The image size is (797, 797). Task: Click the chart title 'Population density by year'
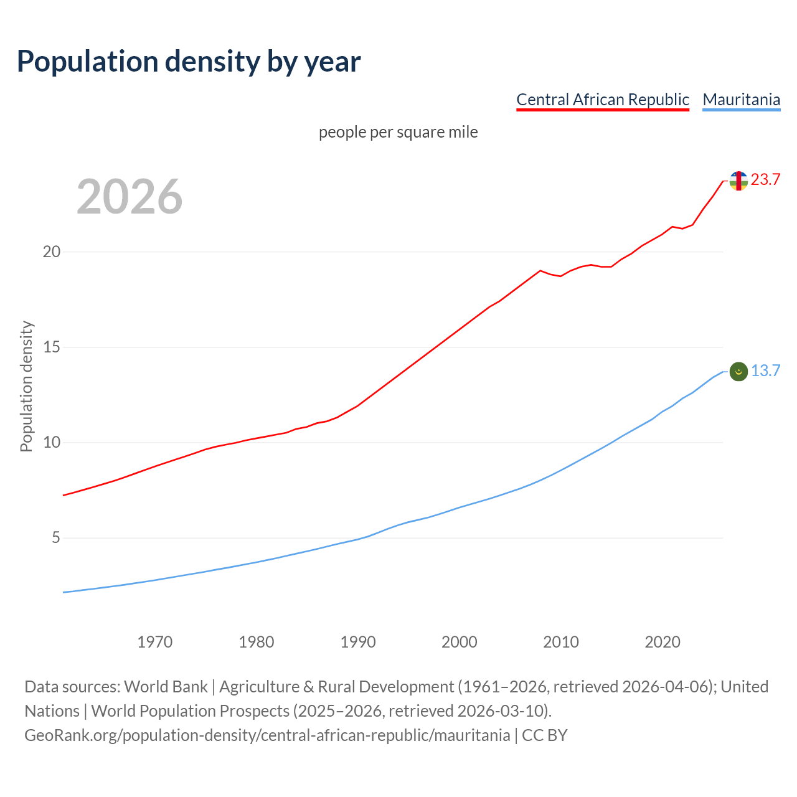pyautogui.click(x=189, y=62)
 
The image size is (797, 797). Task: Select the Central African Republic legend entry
pyautogui.click(x=603, y=100)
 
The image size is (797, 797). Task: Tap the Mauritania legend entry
pyautogui.click(x=741, y=100)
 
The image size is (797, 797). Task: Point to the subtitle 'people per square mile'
pyautogui.click(x=398, y=133)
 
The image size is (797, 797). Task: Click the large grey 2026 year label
pyautogui.click(x=130, y=197)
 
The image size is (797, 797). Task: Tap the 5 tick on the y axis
pyautogui.click(x=55, y=538)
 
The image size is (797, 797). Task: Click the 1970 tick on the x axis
pyautogui.click(x=155, y=642)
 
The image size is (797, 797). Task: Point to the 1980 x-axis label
pyautogui.click(x=257, y=642)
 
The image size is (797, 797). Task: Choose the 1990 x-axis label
pyautogui.click(x=358, y=642)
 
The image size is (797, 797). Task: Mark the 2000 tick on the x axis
pyautogui.click(x=460, y=642)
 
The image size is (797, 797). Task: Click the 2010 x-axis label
pyautogui.click(x=561, y=642)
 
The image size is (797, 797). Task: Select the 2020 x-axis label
pyautogui.click(x=663, y=642)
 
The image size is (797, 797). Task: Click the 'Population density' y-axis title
pyautogui.click(x=26, y=386)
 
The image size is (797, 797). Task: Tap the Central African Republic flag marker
pyautogui.click(x=738, y=181)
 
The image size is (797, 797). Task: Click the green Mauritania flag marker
pyautogui.click(x=738, y=372)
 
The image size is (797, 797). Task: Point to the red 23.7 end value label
pyautogui.click(x=765, y=180)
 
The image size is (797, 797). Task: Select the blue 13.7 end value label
pyautogui.click(x=765, y=371)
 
